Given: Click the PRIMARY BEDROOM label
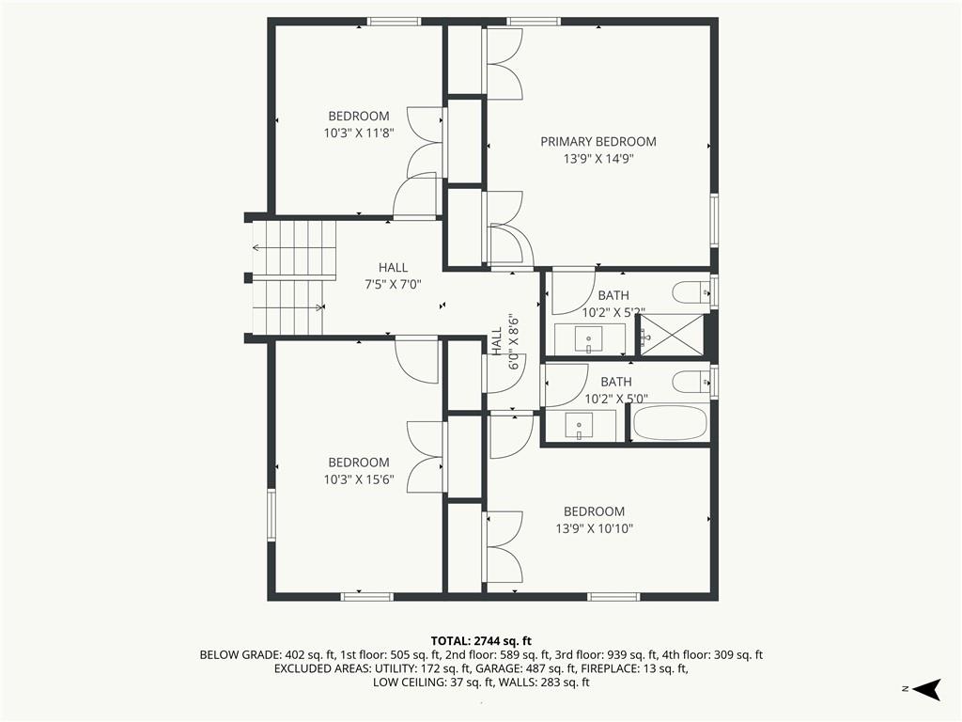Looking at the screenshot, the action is [x=598, y=142].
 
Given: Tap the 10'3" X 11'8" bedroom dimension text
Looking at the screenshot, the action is [x=359, y=133].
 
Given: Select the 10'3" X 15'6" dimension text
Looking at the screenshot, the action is [x=359, y=479].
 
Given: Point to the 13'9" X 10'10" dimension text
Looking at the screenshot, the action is [x=595, y=528].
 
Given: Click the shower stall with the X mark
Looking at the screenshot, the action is [x=672, y=335].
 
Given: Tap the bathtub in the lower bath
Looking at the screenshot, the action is [x=669, y=422].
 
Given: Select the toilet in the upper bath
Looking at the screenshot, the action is [x=690, y=292].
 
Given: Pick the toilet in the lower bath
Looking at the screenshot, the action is [x=690, y=382].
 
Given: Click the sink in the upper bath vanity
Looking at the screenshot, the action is [x=589, y=338].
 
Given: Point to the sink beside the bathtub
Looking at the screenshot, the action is [x=579, y=426].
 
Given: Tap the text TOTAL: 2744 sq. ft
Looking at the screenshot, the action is [x=481, y=641].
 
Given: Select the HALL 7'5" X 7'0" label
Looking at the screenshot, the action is [x=394, y=275].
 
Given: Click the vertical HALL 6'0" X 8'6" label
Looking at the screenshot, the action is [x=505, y=340].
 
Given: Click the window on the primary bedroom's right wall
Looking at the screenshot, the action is [x=714, y=220].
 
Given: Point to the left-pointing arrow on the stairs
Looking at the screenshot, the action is [x=294, y=248].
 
